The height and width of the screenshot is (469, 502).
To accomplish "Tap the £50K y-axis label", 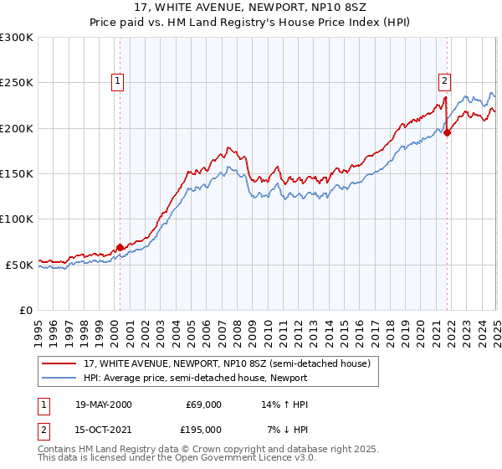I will [19, 264].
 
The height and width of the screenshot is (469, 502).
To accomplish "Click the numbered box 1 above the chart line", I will [117, 81].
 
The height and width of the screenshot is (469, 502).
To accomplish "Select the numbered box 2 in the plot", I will [444, 81].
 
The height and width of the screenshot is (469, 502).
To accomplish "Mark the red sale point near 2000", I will [120, 247].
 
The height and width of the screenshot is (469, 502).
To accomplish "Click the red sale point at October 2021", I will [448, 132].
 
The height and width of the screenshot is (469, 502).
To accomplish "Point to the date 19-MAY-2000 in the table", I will [100, 405].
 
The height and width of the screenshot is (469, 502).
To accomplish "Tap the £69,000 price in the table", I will [203, 405].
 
